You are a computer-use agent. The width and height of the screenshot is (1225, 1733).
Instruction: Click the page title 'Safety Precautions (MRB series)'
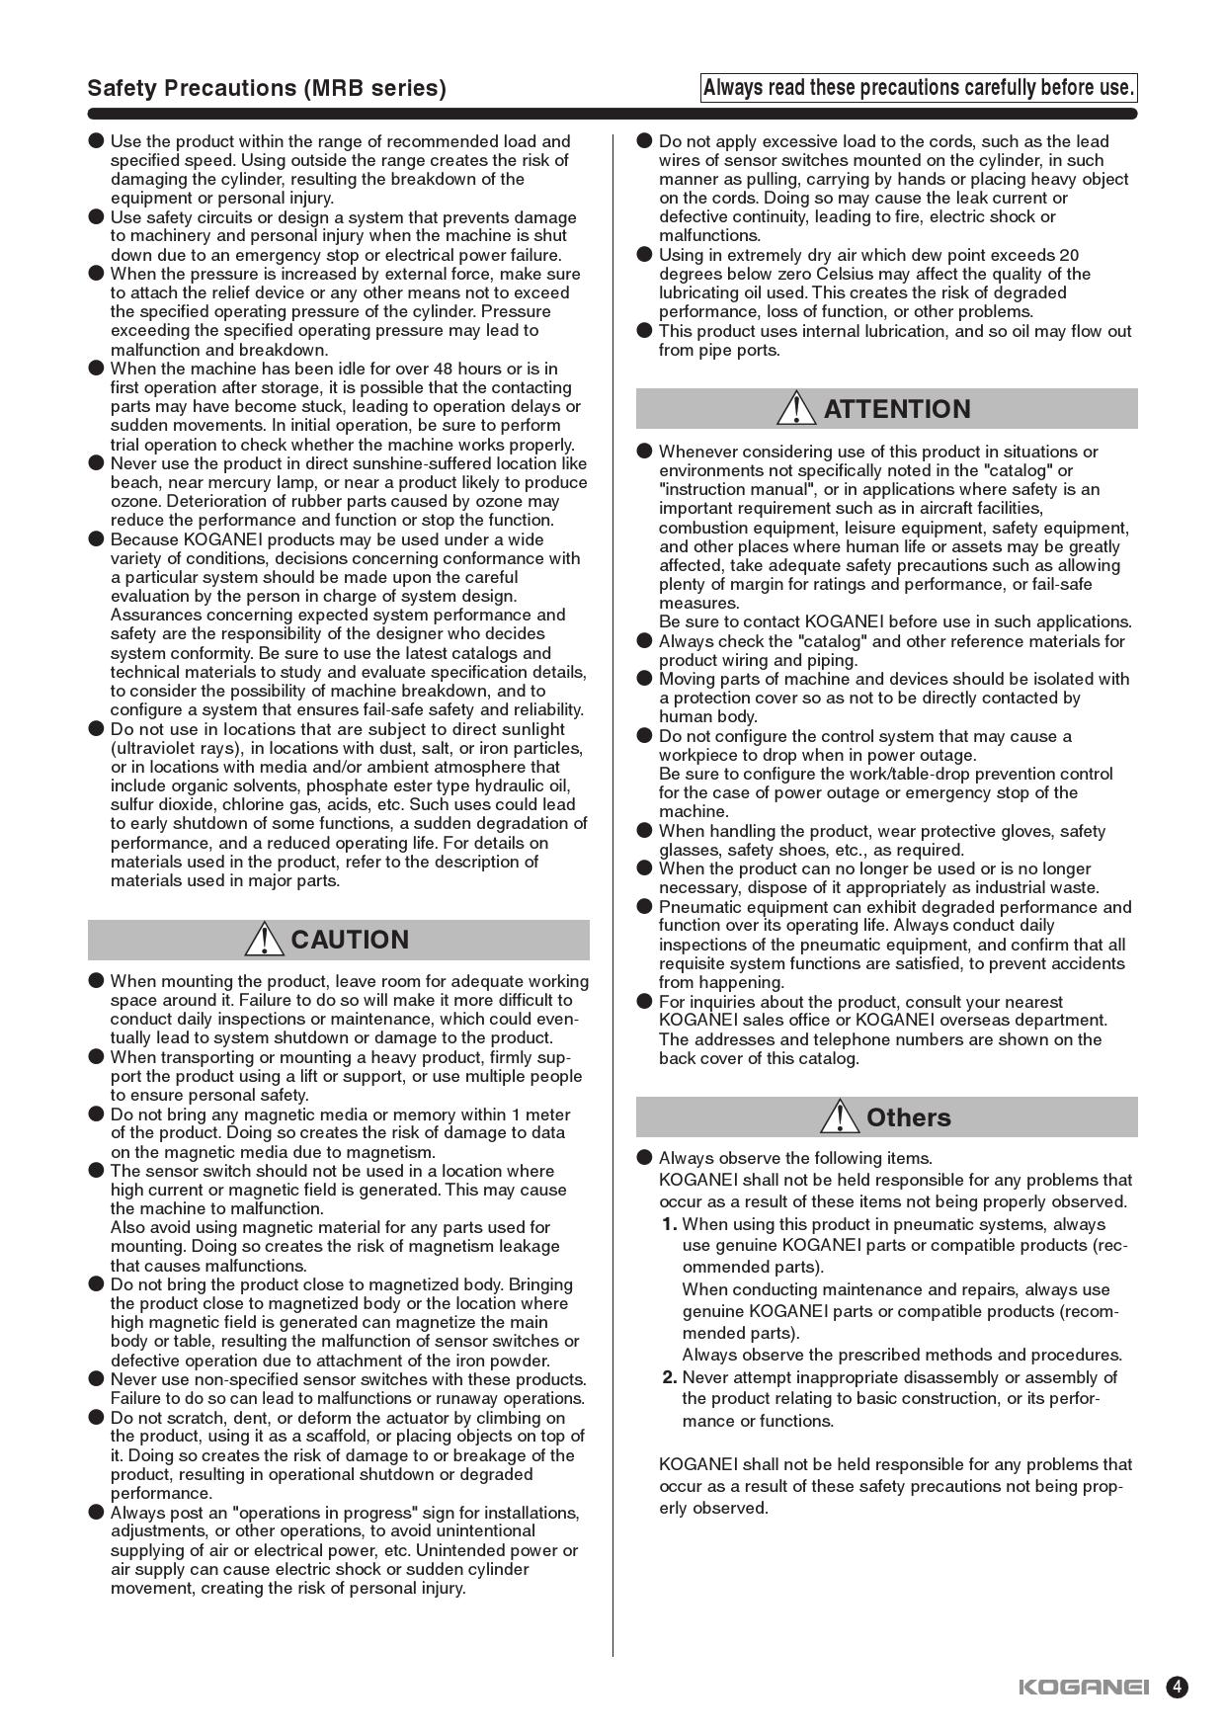click(267, 88)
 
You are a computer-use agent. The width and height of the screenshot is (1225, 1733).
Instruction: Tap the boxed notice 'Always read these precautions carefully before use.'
click(918, 88)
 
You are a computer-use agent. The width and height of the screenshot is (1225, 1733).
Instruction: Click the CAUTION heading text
click(350, 940)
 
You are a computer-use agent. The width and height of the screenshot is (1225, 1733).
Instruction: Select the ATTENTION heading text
click(897, 409)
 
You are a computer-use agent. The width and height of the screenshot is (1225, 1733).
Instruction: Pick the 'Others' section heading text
click(908, 1117)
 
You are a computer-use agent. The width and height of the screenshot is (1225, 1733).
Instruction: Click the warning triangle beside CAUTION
click(264, 939)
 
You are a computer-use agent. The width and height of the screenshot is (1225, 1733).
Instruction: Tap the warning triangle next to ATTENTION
click(795, 408)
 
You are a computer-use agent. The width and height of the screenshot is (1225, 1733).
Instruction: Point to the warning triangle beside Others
click(840, 1116)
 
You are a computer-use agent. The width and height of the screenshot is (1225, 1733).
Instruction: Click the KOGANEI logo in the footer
click(1084, 1687)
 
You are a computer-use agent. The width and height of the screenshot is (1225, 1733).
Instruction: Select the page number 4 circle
click(1177, 1687)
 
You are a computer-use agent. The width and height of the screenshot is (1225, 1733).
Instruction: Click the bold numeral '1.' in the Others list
click(670, 1224)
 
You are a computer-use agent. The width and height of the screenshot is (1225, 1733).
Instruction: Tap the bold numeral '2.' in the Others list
click(670, 1377)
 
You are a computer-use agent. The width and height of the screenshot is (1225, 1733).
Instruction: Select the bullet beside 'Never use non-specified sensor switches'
click(96, 1379)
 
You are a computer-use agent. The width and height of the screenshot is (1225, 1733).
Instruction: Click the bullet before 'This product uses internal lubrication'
click(644, 331)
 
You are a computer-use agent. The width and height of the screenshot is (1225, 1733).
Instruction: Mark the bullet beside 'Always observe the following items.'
click(644, 1158)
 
